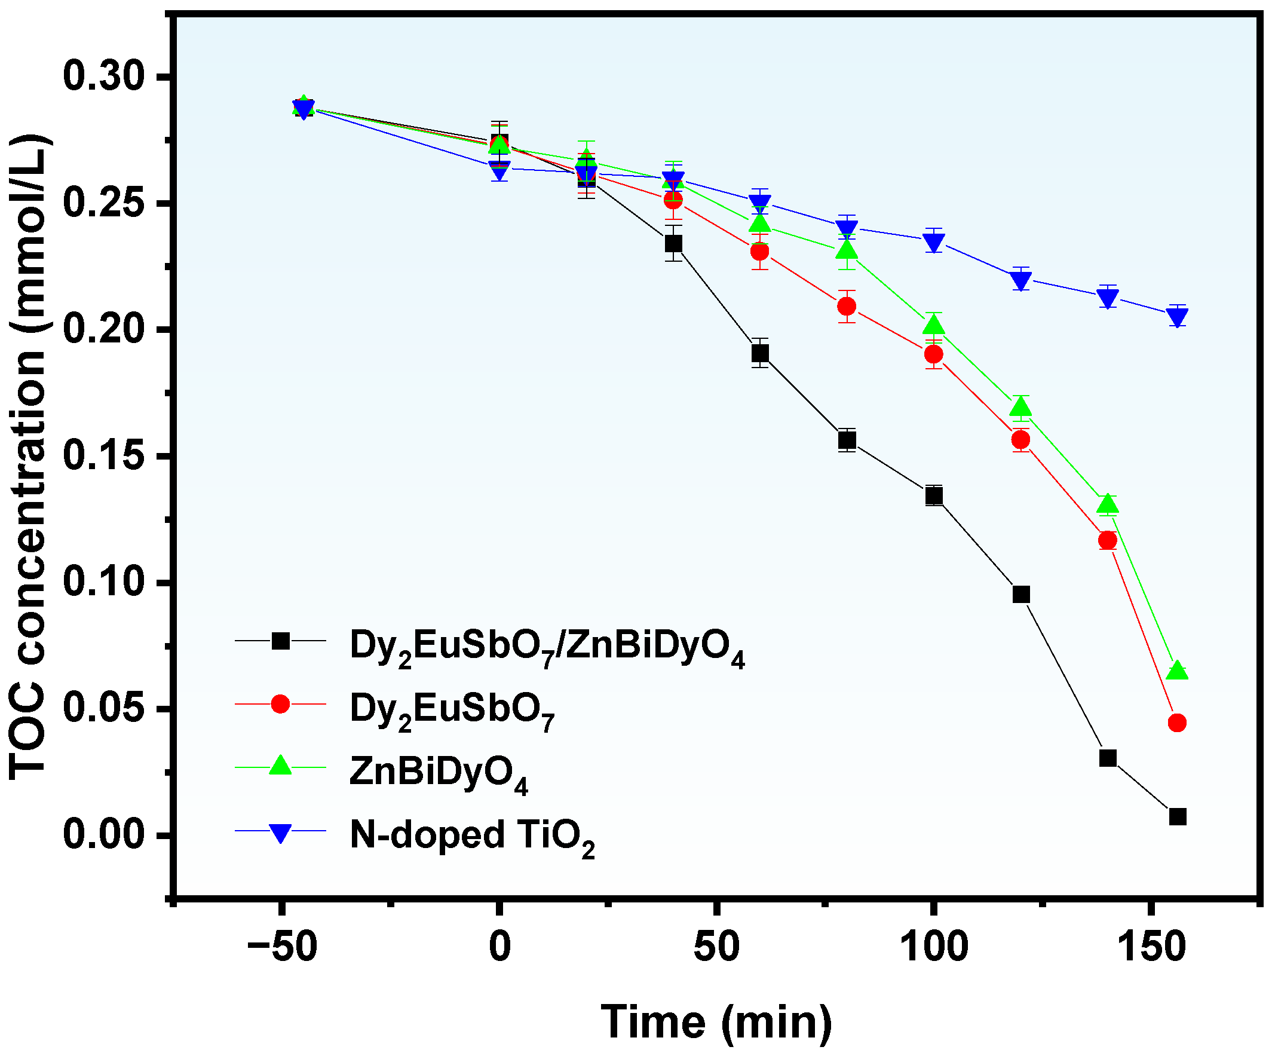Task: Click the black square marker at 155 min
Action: pyautogui.click(x=1177, y=817)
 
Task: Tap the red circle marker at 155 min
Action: pyautogui.click(x=1177, y=723)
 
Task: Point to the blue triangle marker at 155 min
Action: pyautogui.click(x=1177, y=316)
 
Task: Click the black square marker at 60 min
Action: pyautogui.click(x=760, y=353)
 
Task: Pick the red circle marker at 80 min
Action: pyautogui.click(x=847, y=306)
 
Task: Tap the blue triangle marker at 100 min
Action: pyautogui.click(x=934, y=242)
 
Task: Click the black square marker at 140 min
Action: pyautogui.click(x=1108, y=758)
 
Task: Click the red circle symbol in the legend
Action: pyautogui.click(x=280, y=704)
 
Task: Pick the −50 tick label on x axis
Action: pyautogui.click(x=283, y=947)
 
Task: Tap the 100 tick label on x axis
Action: pyautogui.click(x=933, y=947)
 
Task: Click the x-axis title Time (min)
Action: pyautogui.click(x=716, y=1023)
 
